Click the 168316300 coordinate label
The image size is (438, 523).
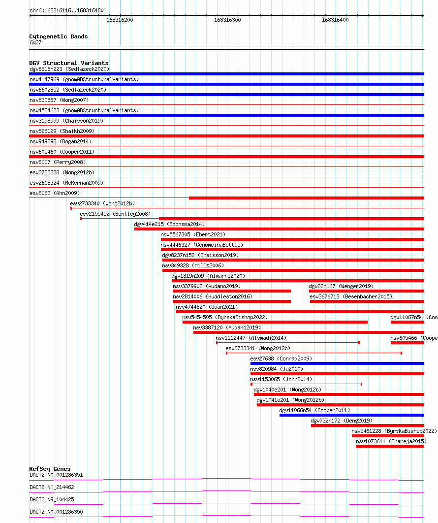227,20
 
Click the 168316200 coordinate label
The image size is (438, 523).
120,20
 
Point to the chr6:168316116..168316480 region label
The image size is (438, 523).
66,10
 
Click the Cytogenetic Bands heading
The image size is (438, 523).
58,36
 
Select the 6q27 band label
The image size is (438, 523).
36,42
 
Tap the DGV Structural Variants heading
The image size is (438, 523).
68,63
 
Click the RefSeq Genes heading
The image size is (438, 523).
50,469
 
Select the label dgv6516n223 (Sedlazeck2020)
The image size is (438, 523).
69,69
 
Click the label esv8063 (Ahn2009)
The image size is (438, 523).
54,193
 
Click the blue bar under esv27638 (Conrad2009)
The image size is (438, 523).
337,363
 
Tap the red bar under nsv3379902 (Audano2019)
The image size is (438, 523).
232,291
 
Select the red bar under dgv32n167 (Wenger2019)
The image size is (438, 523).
366,291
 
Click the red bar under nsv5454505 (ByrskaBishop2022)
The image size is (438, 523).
275,322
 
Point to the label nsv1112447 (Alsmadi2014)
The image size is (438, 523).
250,338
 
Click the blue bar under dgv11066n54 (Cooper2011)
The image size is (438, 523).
351,415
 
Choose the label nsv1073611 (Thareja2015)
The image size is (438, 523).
391,441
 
